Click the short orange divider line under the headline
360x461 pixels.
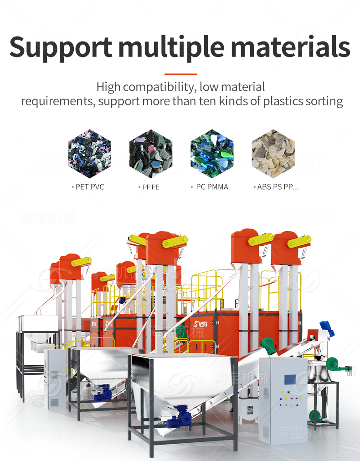(x=180, y=74)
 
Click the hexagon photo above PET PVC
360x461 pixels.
(x=90, y=154)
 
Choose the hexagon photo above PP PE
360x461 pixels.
(x=151, y=154)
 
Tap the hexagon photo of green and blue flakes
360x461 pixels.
(x=212, y=154)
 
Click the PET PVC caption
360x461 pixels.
(x=88, y=187)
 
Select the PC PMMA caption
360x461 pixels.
(x=210, y=187)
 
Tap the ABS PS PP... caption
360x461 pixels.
(x=276, y=187)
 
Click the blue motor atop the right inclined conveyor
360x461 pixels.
(x=327, y=326)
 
